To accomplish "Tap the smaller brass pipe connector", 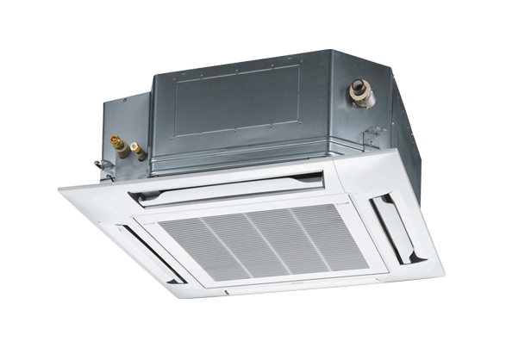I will coord(138,152).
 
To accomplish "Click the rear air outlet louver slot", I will coord(226,187).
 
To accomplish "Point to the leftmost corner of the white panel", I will coord(63,189).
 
